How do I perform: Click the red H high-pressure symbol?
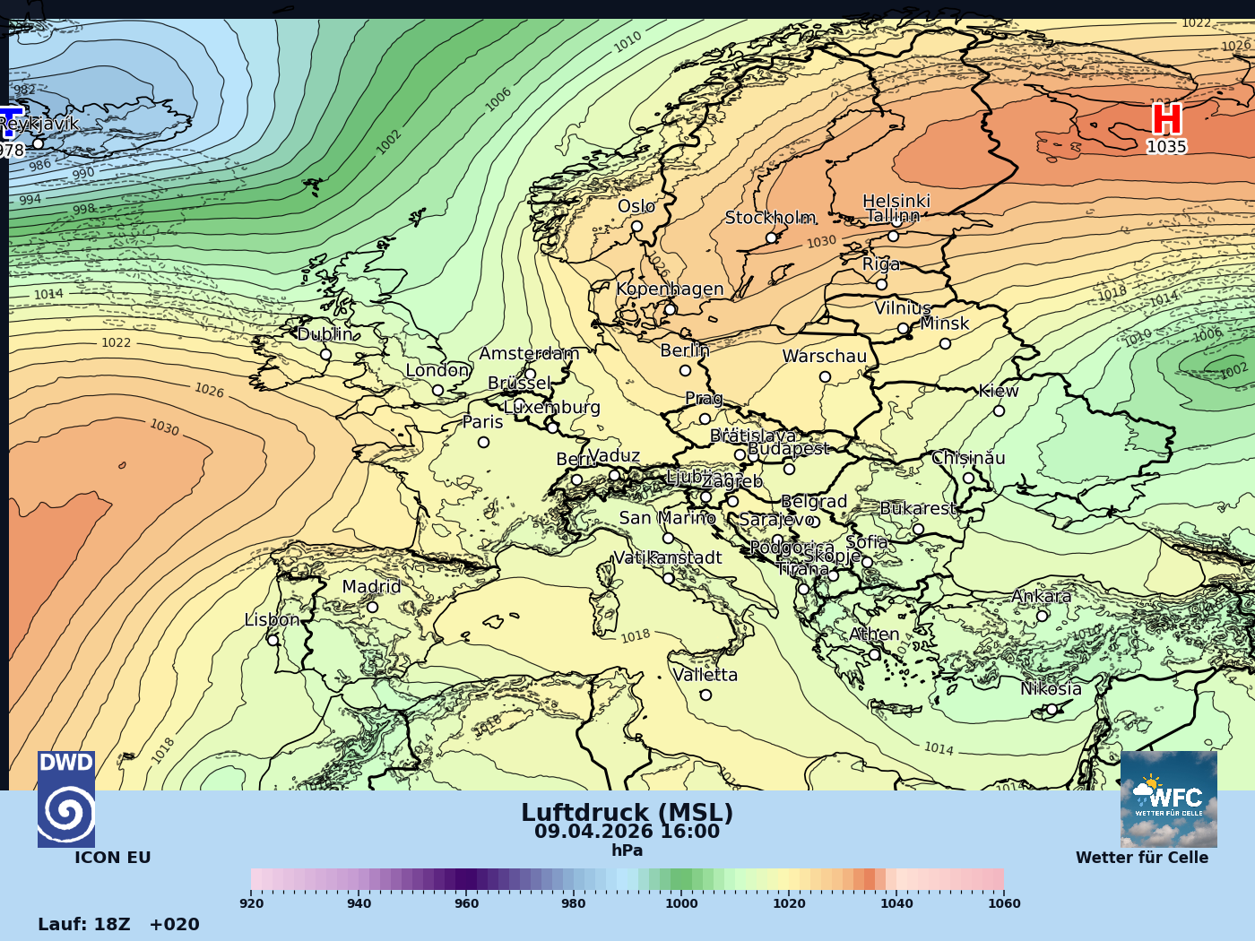1166,120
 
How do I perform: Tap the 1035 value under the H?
1166,147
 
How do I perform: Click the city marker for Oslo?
636,226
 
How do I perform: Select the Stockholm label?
770,218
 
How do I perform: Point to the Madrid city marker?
372,607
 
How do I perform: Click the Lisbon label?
272,619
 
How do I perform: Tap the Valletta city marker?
705,695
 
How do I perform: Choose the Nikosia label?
1051,689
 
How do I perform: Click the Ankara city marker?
1042,616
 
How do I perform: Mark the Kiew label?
999,391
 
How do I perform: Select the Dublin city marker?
325,354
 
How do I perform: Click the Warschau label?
825,356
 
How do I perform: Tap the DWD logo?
66,799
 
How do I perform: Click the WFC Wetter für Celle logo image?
1168,799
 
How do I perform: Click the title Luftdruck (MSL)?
627,813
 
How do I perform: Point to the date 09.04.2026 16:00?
627,832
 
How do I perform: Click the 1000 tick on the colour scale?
681,903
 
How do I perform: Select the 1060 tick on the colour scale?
1003,903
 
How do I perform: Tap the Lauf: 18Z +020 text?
118,924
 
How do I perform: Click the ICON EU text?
112,858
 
